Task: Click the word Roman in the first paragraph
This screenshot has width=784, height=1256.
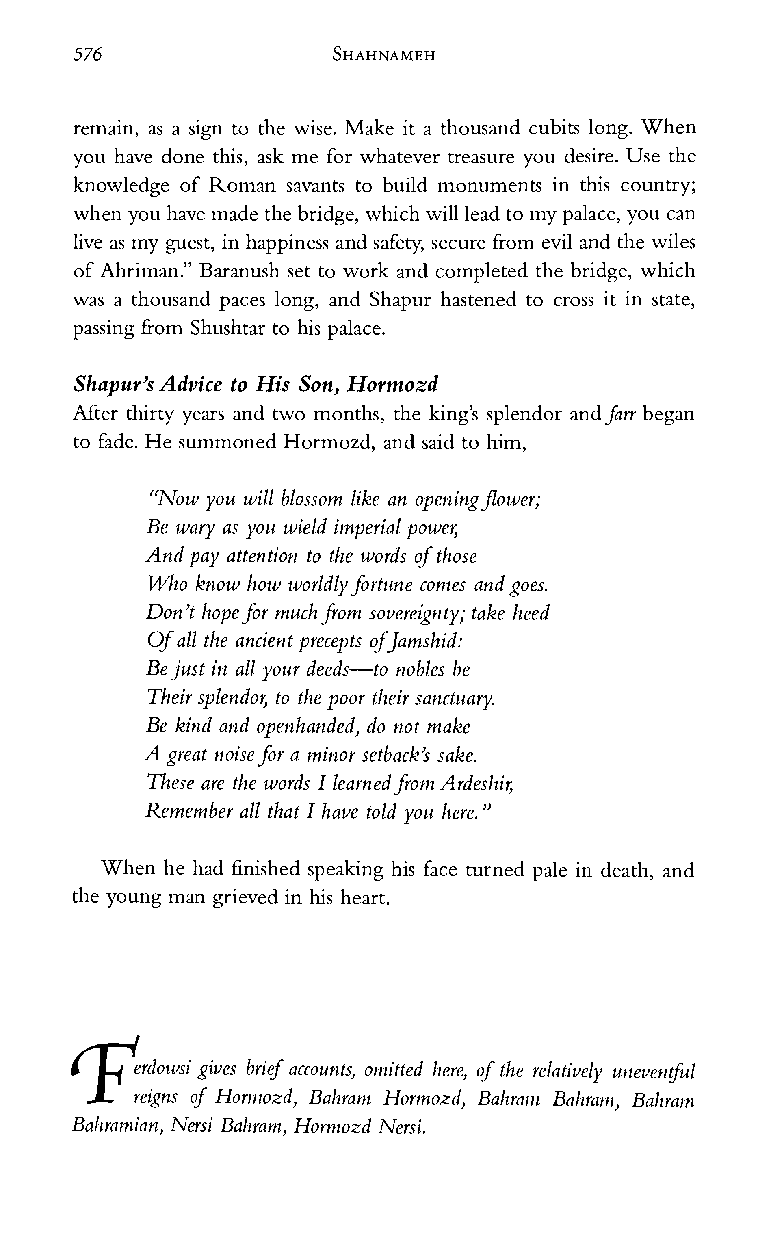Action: pos(242,185)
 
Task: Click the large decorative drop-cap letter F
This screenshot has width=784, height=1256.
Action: pos(105,1072)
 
